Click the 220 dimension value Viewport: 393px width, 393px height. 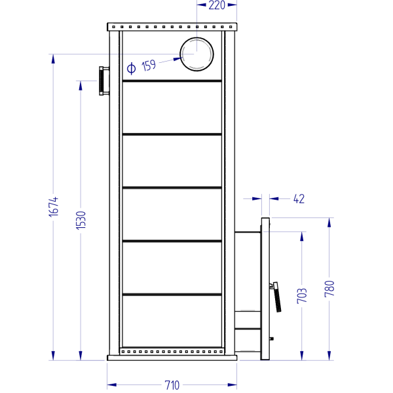click(x=217, y=5)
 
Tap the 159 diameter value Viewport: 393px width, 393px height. click(x=149, y=65)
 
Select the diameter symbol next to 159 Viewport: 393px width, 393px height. click(x=131, y=68)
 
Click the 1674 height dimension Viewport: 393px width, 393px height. click(x=54, y=207)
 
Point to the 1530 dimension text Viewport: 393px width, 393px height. click(x=81, y=220)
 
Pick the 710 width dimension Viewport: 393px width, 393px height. click(x=172, y=385)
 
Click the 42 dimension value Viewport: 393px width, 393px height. click(x=299, y=199)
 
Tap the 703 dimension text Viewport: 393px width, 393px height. click(x=302, y=296)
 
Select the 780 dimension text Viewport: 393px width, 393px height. click(x=329, y=289)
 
